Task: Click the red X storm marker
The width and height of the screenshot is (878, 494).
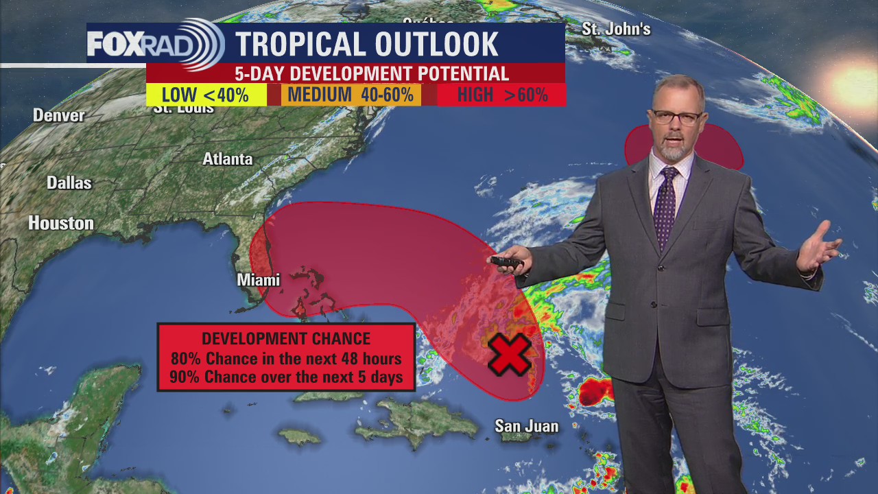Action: [510, 355]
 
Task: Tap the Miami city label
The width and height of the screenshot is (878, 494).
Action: [258, 280]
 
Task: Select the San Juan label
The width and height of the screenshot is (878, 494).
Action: [526, 426]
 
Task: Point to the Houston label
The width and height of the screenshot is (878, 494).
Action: [61, 223]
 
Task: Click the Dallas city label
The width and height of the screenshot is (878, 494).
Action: [69, 183]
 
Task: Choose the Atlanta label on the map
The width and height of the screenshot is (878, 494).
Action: [228, 159]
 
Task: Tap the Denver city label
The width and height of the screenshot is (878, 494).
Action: [59, 115]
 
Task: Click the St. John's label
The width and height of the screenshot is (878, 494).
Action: [616, 29]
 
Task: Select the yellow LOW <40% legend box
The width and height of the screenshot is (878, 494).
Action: [206, 95]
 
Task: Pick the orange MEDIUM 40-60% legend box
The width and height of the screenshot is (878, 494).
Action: [351, 95]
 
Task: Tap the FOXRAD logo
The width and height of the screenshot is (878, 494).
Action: [154, 44]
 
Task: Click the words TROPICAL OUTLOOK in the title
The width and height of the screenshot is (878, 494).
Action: [367, 45]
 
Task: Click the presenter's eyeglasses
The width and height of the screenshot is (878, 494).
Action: [676, 117]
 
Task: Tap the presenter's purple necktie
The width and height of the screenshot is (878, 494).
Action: [664, 206]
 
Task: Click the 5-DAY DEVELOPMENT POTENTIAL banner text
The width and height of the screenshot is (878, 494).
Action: [372, 73]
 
